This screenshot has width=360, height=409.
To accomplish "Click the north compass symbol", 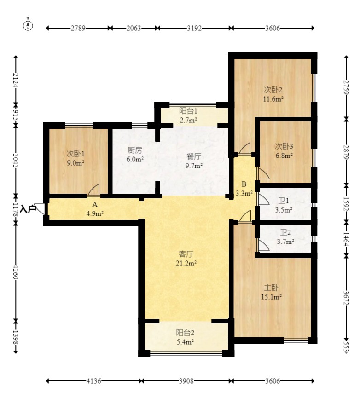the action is (28, 25).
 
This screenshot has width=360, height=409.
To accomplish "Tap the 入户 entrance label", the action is (28, 209).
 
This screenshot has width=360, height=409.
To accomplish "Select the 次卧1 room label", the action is (75, 153).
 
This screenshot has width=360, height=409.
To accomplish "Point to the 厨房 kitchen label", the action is (135, 150).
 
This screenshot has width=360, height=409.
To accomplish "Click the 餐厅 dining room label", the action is (194, 156).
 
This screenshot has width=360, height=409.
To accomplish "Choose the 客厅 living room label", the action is (186, 254).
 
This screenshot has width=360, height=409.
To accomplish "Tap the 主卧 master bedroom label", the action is (271, 288).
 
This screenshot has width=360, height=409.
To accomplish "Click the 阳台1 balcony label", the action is (188, 111).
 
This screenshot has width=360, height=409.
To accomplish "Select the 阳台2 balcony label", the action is (185, 333).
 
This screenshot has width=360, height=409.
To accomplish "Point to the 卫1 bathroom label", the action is (284, 201).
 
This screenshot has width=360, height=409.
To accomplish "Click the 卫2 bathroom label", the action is (285, 232).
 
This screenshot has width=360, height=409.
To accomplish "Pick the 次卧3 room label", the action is (284, 146).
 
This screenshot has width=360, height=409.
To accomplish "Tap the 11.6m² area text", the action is (273, 99).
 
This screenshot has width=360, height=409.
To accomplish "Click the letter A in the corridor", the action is (95, 204).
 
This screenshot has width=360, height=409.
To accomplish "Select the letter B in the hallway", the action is (244, 184).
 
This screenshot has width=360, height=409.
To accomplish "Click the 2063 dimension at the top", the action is (134, 28).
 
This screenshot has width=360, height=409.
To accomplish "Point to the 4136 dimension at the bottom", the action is (94, 381).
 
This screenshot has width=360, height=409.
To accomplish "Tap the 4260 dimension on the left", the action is (16, 272).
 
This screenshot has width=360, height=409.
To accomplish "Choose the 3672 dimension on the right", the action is (346, 298).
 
